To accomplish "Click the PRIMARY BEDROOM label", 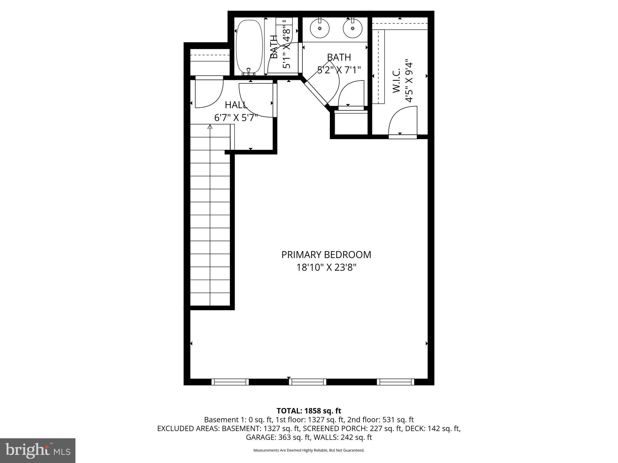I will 326,255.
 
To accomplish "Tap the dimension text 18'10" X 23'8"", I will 326,267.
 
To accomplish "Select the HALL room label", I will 236,105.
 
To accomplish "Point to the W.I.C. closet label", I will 396,80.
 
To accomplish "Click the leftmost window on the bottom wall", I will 230,382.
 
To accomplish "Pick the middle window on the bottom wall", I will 307,382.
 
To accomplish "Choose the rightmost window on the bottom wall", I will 396,382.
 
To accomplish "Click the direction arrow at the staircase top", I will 210,127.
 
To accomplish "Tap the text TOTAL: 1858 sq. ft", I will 309,411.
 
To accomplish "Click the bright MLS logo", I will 38,450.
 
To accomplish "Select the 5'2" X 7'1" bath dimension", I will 339,70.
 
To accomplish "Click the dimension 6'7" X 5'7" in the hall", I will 236,118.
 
